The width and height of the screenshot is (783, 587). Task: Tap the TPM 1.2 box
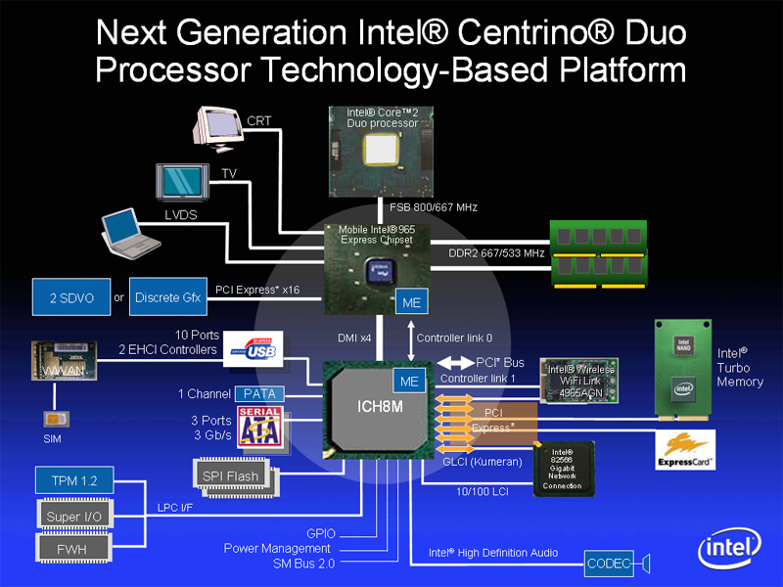click(73, 480)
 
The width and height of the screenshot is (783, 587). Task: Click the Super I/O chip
click(75, 515)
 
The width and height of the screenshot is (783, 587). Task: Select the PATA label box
click(258, 393)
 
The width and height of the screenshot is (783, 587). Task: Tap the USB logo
click(253, 350)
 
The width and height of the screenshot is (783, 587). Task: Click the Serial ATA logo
click(258, 428)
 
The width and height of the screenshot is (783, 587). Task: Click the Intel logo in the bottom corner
click(729, 549)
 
